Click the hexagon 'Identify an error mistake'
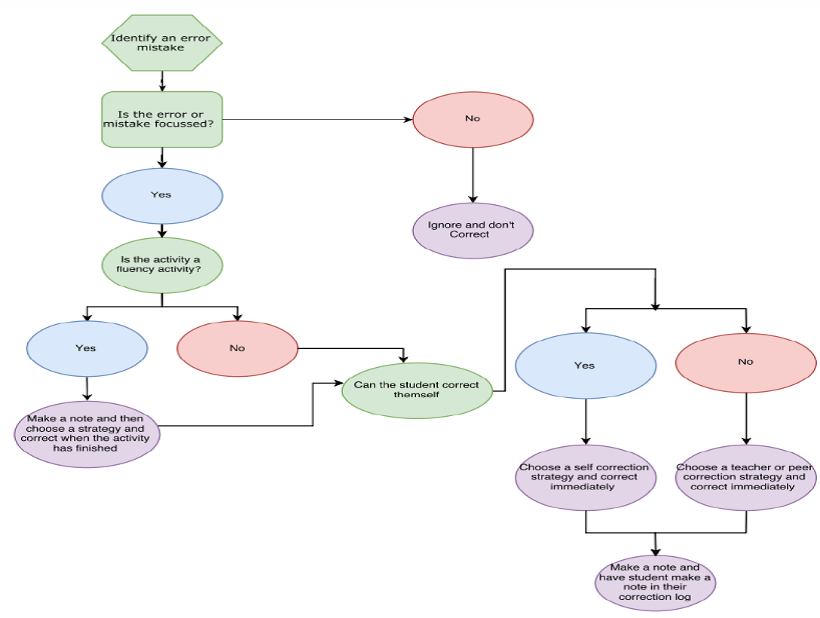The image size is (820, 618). pyautogui.click(x=162, y=43)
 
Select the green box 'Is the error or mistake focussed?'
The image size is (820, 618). pyautogui.click(x=162, y=119)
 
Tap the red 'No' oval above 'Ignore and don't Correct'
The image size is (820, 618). pyautogui.click(x=473, y=119)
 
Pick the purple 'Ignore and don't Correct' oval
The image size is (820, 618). pyautogui.click(x=473, y=230)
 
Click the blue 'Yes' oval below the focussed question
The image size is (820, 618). pyautogui.click(x=162, y=195)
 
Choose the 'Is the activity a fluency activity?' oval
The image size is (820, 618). pyautogui.click(x=162, y=265)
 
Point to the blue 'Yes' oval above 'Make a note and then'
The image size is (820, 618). pyautogui.click(x=87, y=348)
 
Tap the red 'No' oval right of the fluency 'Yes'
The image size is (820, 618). pyautogui.click(x=237, y=348)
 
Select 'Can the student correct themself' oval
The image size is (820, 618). pyautogui.click(x=418, y=390)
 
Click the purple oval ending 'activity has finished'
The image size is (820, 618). pyautogui.click(x=87, y=434)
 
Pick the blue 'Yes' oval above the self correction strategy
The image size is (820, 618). pyautogui.click(x=586, y=366)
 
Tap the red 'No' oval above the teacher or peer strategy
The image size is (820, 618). pyautogui.click(x=745, y=363)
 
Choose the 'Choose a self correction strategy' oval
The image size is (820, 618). pyautogui.click(x=586, y=477)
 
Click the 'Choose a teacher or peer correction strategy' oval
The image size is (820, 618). pyautogui.click(x=745, y=477)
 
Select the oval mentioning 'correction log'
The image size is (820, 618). pyautogui.click(x=655, y=583)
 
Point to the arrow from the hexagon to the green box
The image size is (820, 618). pyautogui.click(x=162, y=81)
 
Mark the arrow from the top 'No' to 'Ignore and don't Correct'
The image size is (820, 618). pyautogui.click(x=473, y=175)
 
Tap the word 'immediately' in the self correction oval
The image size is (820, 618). pyautogui.click(x=582, y=487)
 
